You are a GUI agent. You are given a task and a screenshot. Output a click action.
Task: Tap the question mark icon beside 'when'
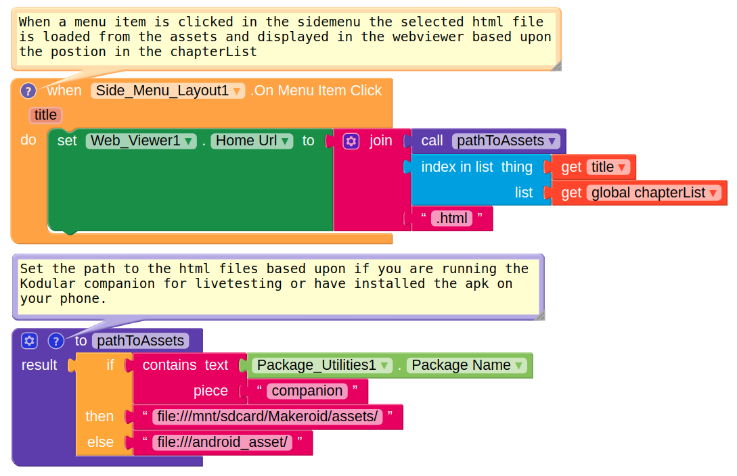point(28,91)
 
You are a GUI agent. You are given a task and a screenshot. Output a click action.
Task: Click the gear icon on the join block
point(351,141)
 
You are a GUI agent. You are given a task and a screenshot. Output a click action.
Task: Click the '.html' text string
point(451,218)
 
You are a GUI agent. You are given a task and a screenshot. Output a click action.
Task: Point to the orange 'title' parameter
point(45,115)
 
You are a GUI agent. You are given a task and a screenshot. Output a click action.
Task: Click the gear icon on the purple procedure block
point(29,340)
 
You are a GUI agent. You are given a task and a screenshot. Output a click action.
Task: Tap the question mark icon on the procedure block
point(56,340)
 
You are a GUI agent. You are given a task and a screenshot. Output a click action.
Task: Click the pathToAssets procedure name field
point(140,341)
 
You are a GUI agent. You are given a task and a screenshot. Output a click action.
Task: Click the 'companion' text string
point(307,391)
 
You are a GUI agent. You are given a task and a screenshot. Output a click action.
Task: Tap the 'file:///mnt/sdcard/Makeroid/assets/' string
point(267,416)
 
